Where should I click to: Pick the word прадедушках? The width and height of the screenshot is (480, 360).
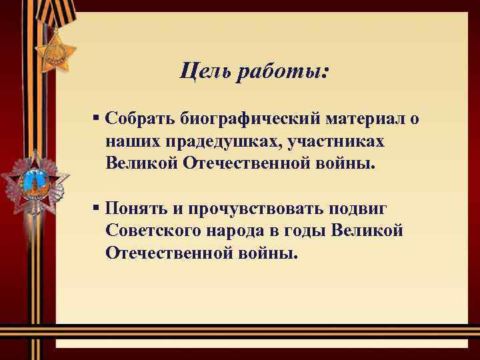[214, 141]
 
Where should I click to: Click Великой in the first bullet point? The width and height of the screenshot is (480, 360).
[139, 163]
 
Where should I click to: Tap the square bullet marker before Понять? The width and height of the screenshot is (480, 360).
[97, 207]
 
